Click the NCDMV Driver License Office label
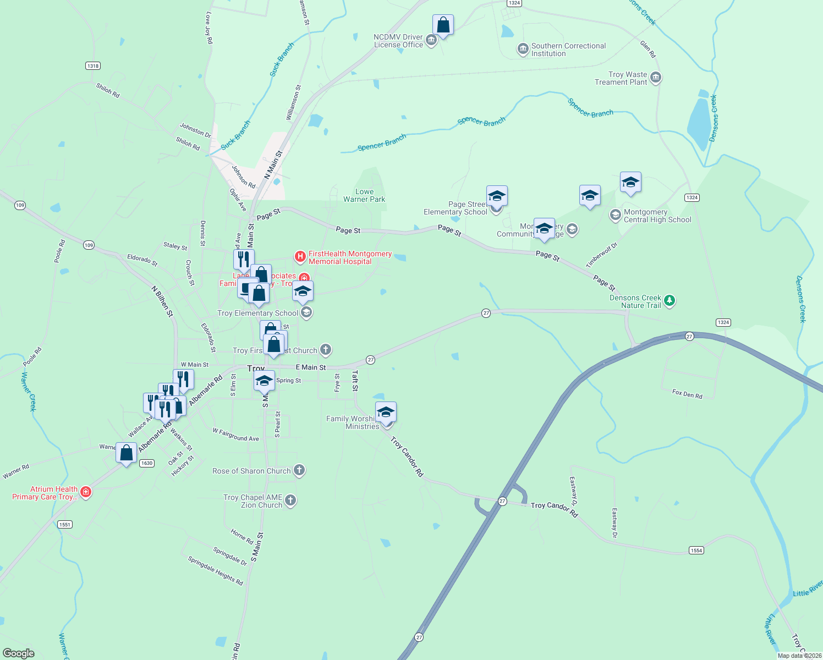(398, 41)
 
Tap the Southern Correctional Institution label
(568, 50)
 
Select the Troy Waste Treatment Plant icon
(655, 78)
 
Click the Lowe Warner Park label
(364, 196)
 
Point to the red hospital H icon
(300, 256)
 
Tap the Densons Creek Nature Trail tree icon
(670, 300)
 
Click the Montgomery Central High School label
(657, 216)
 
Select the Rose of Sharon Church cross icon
(299, 470)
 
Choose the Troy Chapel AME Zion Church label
(253, 501)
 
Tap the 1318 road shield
(93, 66)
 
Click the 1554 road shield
(696, 551)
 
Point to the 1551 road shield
(65, 525)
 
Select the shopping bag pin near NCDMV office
(443, 25)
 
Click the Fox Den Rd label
(687, 394)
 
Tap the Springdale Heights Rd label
(216, 571)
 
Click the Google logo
(19, 653)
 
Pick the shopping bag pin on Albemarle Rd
(127, 454)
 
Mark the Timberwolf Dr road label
(602, 255)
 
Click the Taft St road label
(355, 381)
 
